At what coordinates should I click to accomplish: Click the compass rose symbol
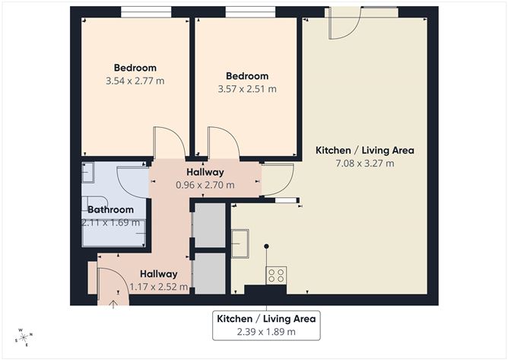[24, 338]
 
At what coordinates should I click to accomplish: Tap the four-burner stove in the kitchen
[276, 276]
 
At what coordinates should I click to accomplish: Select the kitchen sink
[240, 244]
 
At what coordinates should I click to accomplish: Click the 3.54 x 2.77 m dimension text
[135, 81]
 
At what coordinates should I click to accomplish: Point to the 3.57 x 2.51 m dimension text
[247, 89]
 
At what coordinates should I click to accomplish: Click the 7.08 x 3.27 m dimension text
[365, 163]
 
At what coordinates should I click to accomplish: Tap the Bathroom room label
[110, 209]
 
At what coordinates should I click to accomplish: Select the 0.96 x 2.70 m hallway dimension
[205, 185]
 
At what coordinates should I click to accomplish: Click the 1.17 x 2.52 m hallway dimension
[159, 287]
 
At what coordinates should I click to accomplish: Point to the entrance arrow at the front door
[113, 304]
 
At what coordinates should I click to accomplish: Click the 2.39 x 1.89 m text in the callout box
[266, 332]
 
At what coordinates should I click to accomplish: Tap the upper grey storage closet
[210, 225]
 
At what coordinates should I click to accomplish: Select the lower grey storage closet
[210, 273]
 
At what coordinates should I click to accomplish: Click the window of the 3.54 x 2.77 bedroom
[146, 12]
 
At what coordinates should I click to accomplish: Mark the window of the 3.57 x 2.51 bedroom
[250, 12]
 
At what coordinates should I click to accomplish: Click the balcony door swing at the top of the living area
[344, 24]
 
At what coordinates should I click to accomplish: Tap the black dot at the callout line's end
[266, 247]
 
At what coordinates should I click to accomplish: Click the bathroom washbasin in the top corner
[87, 173]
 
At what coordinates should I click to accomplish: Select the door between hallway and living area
[278, 180]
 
